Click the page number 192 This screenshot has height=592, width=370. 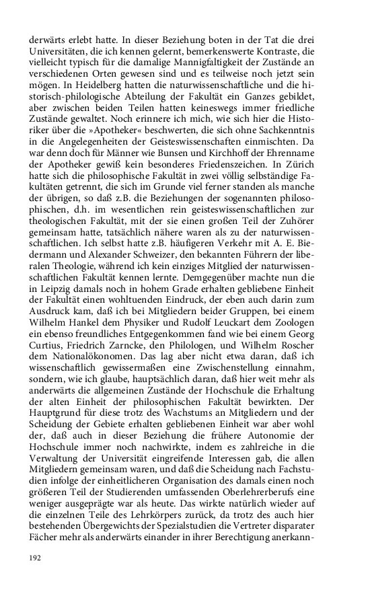click(36, 558)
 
